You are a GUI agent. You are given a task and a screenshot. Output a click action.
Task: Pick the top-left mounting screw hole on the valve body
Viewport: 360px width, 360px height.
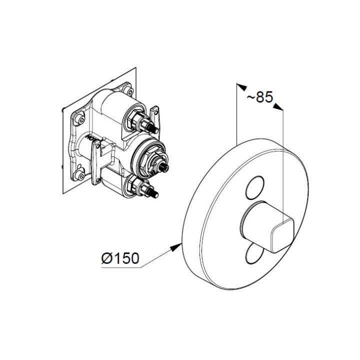78,119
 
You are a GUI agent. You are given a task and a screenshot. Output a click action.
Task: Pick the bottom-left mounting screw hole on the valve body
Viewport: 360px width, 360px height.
79,175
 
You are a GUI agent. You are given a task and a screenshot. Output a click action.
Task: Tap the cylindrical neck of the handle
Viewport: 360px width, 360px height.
255,223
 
